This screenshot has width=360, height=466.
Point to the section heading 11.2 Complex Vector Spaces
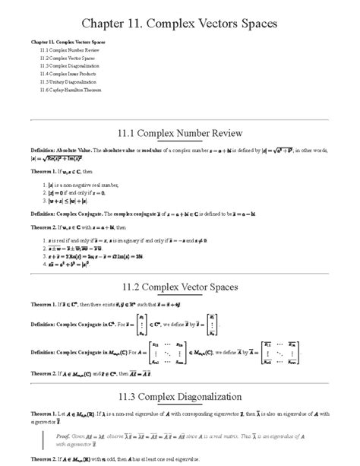(179, 287)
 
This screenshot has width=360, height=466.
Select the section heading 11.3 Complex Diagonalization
(179, 396)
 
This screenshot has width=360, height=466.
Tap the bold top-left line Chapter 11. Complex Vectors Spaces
(68, 41)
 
